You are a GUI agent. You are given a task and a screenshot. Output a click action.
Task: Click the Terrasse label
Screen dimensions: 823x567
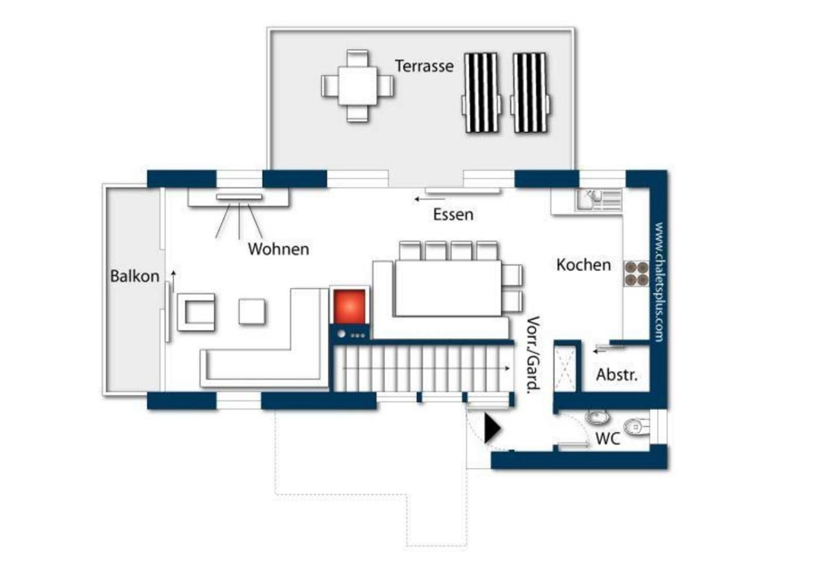click(424, 66)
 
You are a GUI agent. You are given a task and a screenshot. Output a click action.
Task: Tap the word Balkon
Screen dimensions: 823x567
click(134, 276)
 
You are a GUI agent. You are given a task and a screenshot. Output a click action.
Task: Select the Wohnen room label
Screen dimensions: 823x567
click(278, 249)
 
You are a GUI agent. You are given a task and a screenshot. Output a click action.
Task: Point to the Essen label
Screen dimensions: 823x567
click(453, 215)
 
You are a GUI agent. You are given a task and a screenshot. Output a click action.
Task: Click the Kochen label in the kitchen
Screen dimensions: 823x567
click(583, 265)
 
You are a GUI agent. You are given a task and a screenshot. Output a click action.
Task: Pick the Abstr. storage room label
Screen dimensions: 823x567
click(617, 375)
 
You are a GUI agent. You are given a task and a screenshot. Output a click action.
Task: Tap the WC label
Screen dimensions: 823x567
click(607, 438)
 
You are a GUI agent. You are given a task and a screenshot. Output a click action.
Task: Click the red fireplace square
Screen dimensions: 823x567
click(349, 307)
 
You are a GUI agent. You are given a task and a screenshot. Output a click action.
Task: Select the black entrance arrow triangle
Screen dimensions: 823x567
click(492, 428)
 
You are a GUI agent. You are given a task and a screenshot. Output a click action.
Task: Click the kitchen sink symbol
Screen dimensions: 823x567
click(599, 200)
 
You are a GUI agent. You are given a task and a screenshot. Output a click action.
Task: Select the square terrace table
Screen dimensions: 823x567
click(357, 85)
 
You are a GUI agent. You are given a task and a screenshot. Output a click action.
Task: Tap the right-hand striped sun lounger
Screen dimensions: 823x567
click(530, 92)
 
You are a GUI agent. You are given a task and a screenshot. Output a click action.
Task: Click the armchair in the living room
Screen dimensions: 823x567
click(196, 312)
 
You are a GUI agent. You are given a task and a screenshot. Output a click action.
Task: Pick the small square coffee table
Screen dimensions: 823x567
click(252, 312)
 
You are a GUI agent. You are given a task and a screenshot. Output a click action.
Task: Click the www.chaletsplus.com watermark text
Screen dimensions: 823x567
click(659, 282)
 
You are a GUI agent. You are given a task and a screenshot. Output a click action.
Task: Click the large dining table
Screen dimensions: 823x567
click(448, 288)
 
